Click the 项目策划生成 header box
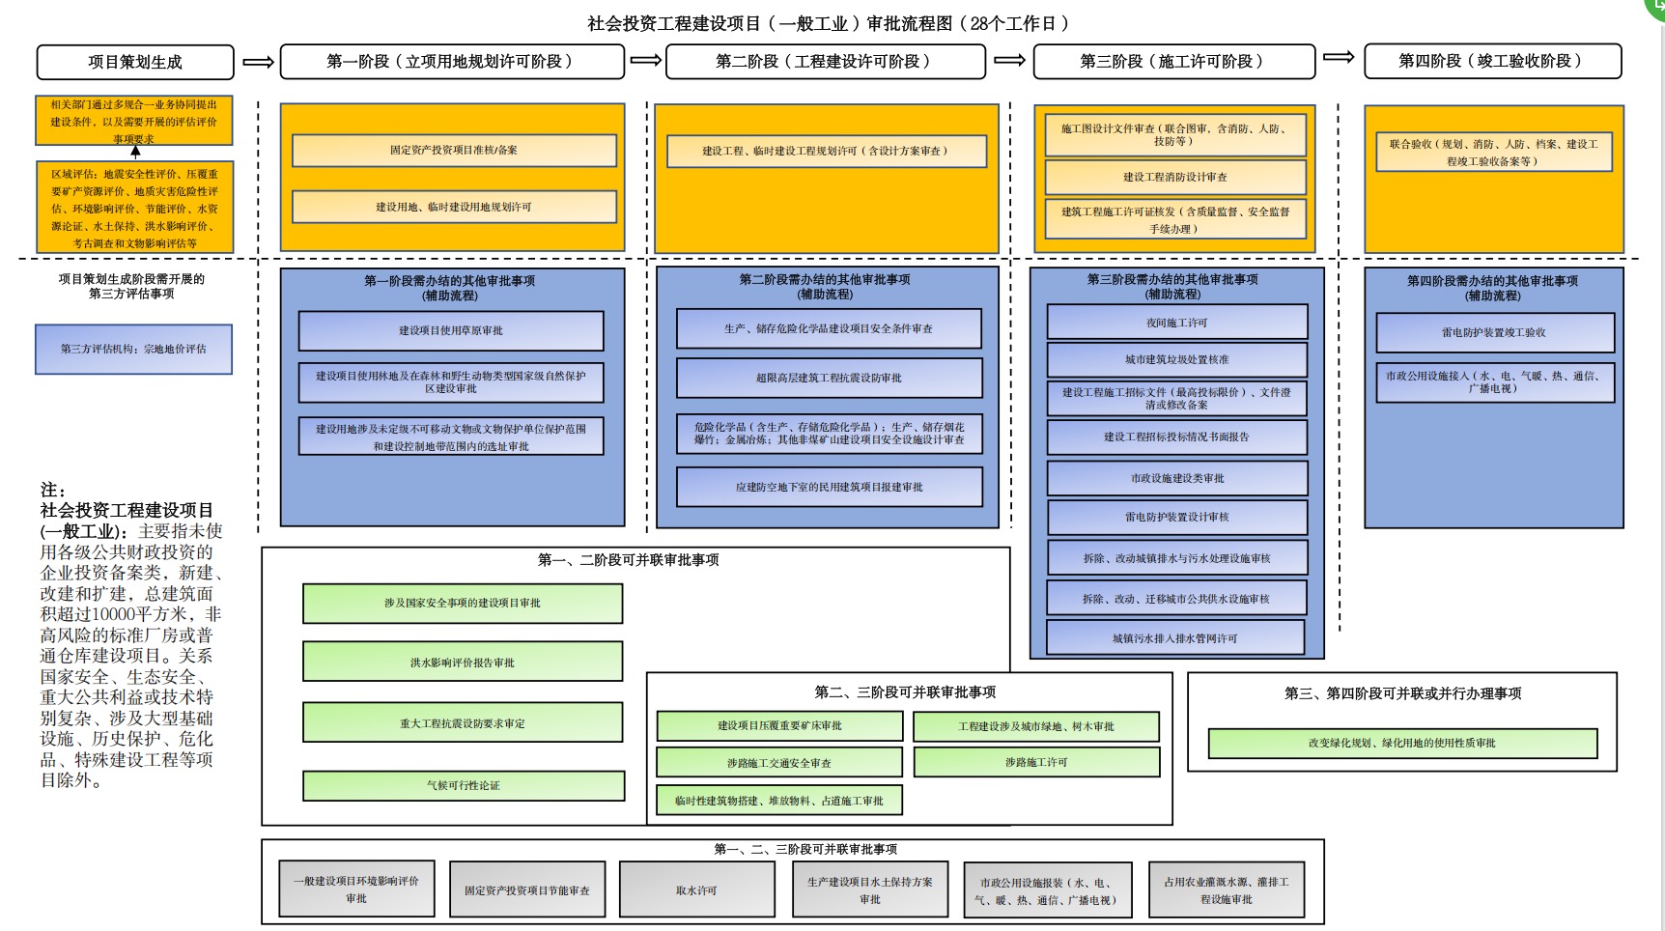coord(135,62)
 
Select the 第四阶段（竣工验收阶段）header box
coord(1492,61)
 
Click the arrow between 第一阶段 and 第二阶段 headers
coord(645,61)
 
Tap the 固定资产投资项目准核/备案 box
coord(454,150)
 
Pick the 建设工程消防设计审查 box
coord(1175,177)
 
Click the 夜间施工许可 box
coord(1176,323)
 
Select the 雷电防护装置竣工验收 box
coord(1494,332)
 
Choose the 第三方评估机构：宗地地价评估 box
coord(133,349)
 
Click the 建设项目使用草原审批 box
coord(451,330)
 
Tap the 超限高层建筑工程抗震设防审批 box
coord(829,378)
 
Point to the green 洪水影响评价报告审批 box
coord(463,663)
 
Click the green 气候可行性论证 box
coord(464,785)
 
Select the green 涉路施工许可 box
coord(1036,762)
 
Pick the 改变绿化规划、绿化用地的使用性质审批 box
coord(1402,743)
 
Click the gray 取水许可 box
coord(696,889)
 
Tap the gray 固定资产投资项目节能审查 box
coord(527,889)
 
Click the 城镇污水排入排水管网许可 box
coord(1175,637)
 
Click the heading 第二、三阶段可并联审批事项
coord(905,691)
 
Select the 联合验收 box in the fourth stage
coord(1493,152)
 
